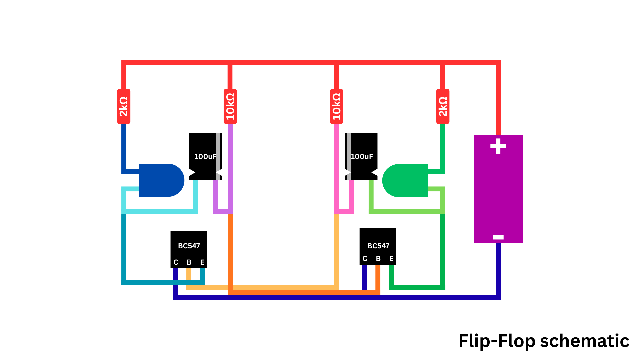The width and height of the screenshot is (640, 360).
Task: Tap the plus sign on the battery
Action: [x=498, y=146]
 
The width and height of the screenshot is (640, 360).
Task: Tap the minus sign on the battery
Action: [x=498, y=237]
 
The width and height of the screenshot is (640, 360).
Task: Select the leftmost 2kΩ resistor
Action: [x=124, y=106]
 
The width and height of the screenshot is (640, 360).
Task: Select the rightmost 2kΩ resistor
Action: [x=443, y=106]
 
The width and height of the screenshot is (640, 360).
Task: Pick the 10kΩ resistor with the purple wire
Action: [x=230, y=106]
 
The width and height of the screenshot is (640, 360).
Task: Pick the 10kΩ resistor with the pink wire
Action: [x=336, y=106]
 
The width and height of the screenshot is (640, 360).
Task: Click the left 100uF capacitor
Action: [x=203, y=156]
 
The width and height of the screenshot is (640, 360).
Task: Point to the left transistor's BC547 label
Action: [x=189, y=246]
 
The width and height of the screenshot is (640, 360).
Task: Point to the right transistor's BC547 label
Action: [x=378, y=246]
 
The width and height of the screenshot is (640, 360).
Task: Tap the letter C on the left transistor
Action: [x=176, y=262]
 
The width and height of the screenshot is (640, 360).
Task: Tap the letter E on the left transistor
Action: [x=202, y=262]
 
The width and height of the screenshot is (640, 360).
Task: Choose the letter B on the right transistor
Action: [x=378, y=259]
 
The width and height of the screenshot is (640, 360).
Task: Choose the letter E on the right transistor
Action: [x=391, y=259]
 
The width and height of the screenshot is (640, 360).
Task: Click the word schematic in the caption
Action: [x=584, y=341]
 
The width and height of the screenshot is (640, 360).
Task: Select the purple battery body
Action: [x=498, y=193]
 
